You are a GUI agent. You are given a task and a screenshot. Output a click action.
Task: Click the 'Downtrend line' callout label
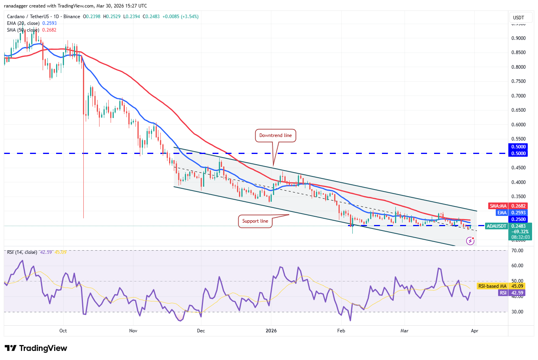[x=275, y=135]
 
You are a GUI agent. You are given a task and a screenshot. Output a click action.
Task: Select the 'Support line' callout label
[x=255, y=221]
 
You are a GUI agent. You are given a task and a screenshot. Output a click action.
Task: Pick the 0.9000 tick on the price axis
[x=518, y=38]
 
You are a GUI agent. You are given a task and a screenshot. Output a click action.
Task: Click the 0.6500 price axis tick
[x=518, y=110]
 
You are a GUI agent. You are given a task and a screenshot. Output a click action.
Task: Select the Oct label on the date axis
[x=63, y=331]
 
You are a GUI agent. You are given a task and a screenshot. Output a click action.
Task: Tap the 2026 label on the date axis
[x=271, y=331]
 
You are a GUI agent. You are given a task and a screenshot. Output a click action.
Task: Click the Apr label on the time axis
[x=475, y=331]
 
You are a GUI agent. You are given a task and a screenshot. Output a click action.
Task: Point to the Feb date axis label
[x=341, y=331]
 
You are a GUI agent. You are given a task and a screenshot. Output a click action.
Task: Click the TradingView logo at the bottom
[x=36, y=348]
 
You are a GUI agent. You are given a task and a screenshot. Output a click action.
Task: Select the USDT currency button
[x=518, y=17]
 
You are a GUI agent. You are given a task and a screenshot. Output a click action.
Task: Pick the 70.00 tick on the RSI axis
[x=517, y=251]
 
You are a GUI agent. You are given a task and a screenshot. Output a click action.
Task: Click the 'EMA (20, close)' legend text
[x=23, y=23]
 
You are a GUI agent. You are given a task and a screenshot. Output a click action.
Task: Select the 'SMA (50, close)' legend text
[x=23, y=30]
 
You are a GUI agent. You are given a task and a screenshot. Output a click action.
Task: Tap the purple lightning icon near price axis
[x=470, y=240]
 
